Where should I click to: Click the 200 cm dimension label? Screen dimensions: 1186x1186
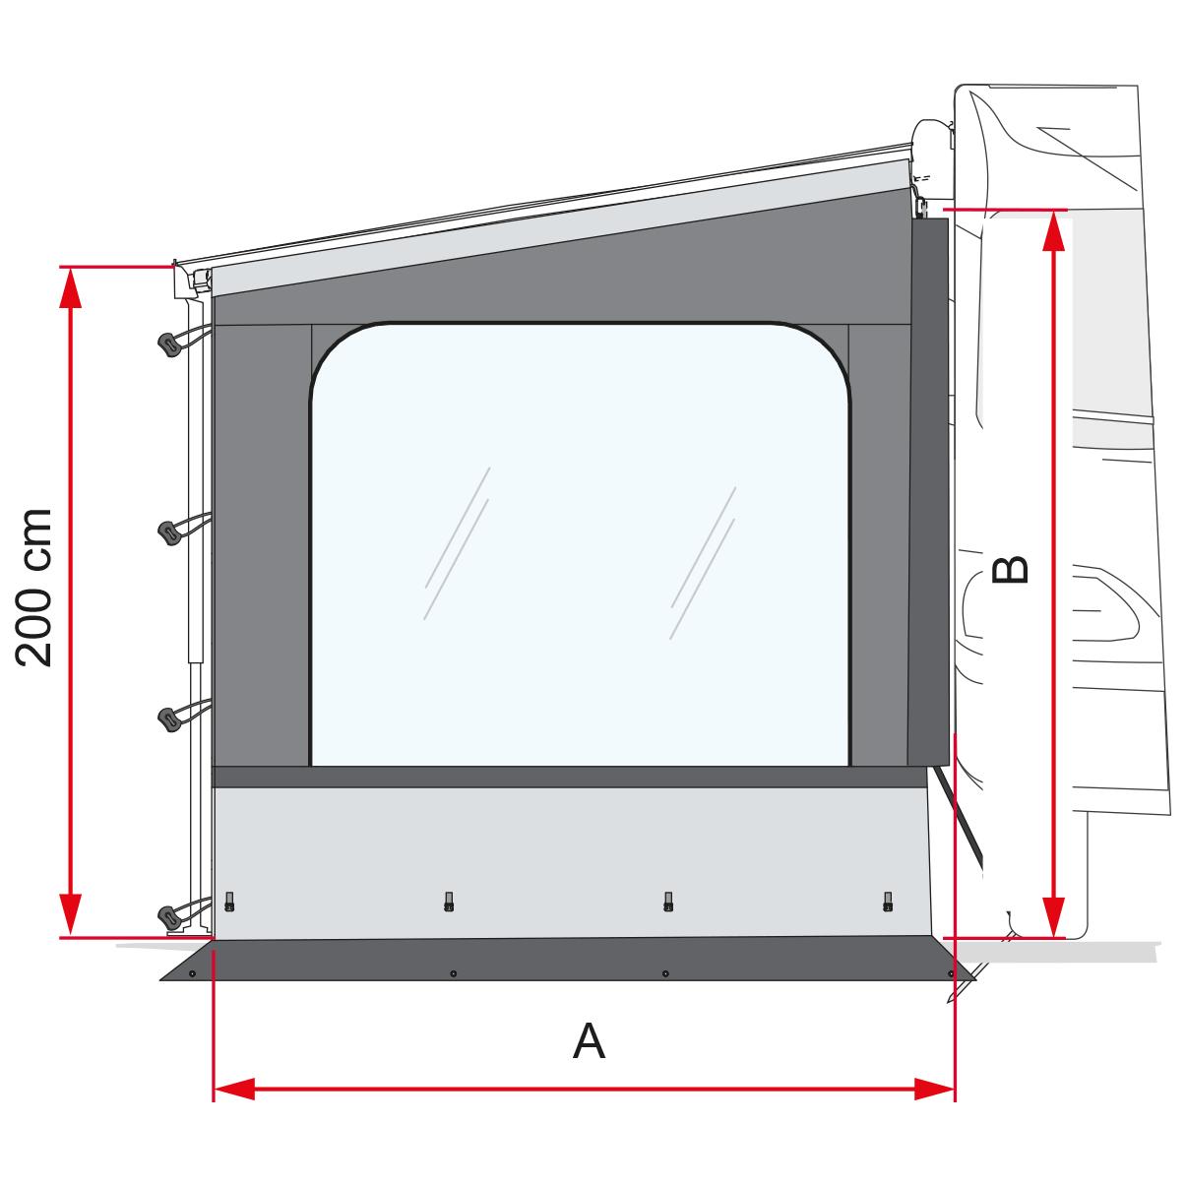[x=33, y=588]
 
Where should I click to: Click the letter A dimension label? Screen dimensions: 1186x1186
[x=589, y=1040]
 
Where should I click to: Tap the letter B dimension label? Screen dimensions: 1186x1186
[x=1010, y=569]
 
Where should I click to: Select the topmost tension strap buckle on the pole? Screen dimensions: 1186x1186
[x=170, y=344]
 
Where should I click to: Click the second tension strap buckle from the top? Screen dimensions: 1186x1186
[x=170, y=532]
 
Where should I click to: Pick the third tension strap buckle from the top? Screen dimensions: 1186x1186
[x=170, y=718]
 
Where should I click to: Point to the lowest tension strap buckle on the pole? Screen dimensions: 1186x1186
[x=170, y=916]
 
